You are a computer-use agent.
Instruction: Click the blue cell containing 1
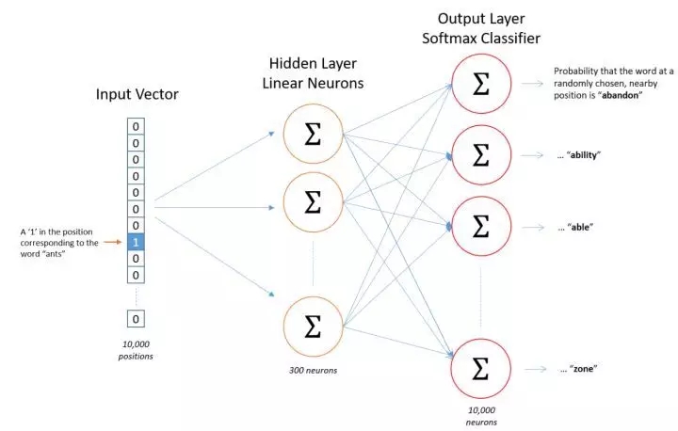pos(136,242)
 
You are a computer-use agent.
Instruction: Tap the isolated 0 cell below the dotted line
pos(136,319)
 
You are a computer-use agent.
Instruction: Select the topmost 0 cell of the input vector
pos(136,127)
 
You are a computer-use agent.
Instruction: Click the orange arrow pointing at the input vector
pos(113,242)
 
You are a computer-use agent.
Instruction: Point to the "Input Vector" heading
pos(137,94)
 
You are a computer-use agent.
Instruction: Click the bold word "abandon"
pos(620,96)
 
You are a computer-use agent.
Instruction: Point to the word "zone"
pos(583,369)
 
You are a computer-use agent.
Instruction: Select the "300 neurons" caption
pos(313,370)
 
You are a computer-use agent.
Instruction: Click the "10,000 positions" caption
pos(136,350)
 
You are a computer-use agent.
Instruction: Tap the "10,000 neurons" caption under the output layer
pos(481,416)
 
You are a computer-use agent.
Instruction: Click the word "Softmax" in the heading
pos(450,38)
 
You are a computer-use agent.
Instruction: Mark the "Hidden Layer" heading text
pos(313,63)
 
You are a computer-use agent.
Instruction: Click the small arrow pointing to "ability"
pos(532,154)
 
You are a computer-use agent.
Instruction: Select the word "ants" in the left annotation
pos(54,254)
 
